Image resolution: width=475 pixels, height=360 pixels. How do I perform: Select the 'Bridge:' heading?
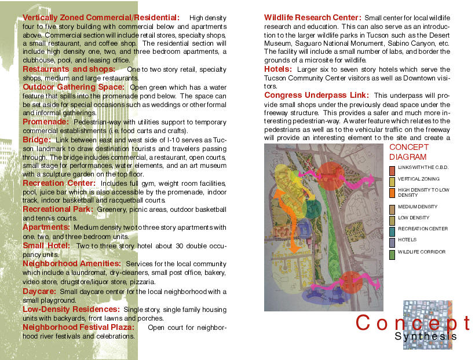pyautogui.click(x=38, y=139)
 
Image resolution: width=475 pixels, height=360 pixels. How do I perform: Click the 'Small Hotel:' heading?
pyautogui.click(x=47, y=245)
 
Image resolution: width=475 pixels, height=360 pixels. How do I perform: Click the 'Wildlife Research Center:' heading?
pyautogui.click(x=313, y=18)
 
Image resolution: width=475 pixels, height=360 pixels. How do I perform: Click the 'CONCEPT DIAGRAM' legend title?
pyautogui.click(x=408, y=152)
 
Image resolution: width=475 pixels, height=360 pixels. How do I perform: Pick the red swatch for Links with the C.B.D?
pyautogui.click(x=392, y=170)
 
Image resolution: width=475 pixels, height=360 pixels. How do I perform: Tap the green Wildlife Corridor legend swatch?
pyautogui.click(x=392, y=253)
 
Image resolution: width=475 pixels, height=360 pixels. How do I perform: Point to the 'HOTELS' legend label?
pyautogui.click(x=407, y=240)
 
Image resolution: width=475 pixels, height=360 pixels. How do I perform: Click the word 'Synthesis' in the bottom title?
pyautogui.click(x=426, y=336)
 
